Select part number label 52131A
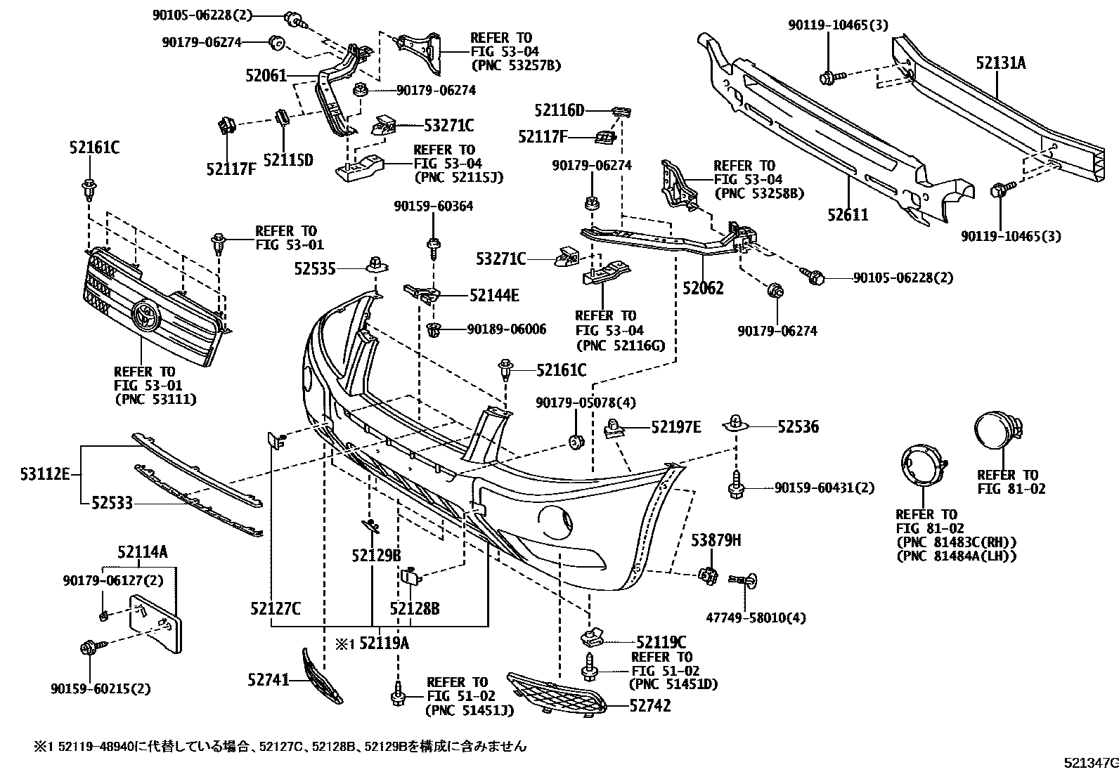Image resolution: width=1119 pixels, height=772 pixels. pyautogui.click(x=1000, y=63)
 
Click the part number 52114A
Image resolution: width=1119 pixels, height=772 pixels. pyautogui.click(x=143, y=553)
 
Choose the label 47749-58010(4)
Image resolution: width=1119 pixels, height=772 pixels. pyautogui.click(x=756, y=618)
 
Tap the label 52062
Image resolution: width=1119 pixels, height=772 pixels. pyautogui.click(x=703, y=288)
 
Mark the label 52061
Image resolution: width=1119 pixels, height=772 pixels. pyautogui.click(x=266, y=74)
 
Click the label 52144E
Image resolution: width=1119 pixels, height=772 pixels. pyautogui.click(x=494, y=296)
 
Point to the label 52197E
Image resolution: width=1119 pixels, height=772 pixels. pyautogui.click(x=675, y=426)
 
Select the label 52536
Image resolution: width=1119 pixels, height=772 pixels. pyautogui.click(x=798, y=426)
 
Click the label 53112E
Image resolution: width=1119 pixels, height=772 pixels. pyautogui.click(x=45, y=475)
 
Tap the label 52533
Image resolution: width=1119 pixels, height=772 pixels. pyautogui.click(x=112, y=503)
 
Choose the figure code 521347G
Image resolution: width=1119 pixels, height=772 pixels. pyautogui.click(x=1089, y=762)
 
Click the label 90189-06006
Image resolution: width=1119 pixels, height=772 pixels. pyautogui.click(x=506, y=329)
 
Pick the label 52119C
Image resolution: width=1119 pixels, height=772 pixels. pyautogui.click(x=661, y=641)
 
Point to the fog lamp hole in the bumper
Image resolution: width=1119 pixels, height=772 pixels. pyautogui.click(x=556, y=520)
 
